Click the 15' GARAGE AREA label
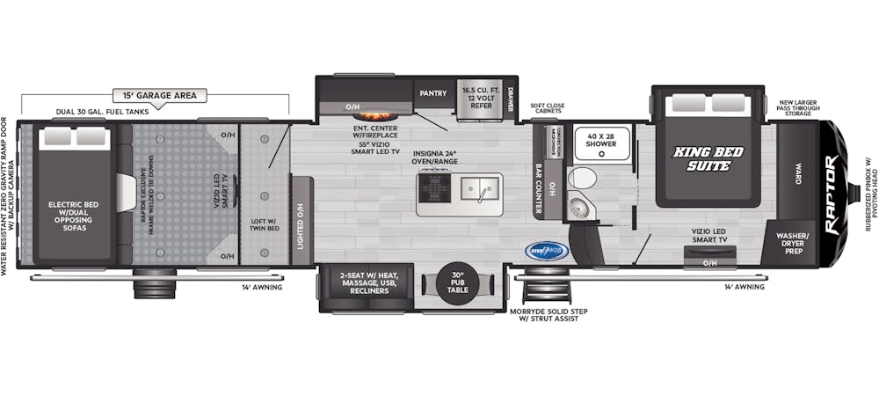tap(154, 94)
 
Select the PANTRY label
tap(433, 92)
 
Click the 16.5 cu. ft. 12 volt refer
tap(478, 99)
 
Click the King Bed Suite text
tap(708, 158)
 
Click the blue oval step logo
tap(548, 250)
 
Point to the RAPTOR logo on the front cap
tap(831, 194)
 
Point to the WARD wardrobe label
tap(797, 167)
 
